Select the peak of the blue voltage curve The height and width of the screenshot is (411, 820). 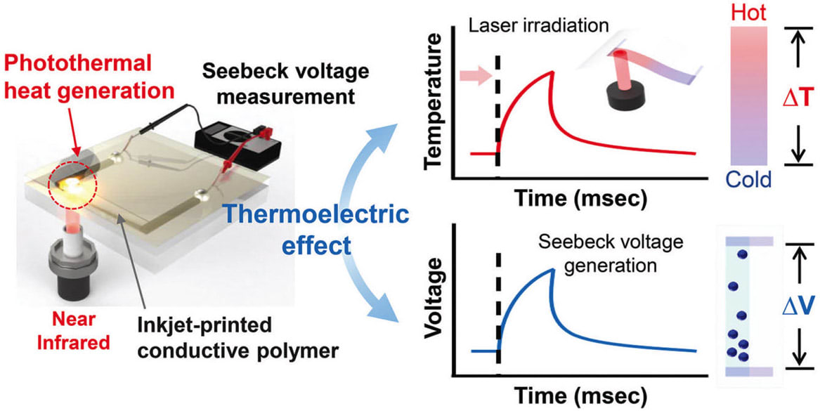point(552,268)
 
